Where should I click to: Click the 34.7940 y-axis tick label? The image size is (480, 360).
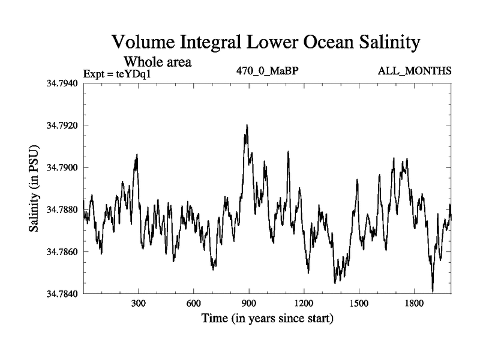click(61, 83)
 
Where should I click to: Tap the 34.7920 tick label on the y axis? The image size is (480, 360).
click(61, 125)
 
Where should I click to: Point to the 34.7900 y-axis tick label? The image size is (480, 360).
click(61, 167)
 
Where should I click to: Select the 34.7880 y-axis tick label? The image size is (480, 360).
click(61, 210)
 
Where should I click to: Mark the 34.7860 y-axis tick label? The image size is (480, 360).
click(61, 252)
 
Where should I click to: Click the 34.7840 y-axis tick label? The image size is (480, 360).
click(61, 295)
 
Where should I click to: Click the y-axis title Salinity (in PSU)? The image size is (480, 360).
click(34, 188)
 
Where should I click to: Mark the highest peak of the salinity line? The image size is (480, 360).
click(247, 125)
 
